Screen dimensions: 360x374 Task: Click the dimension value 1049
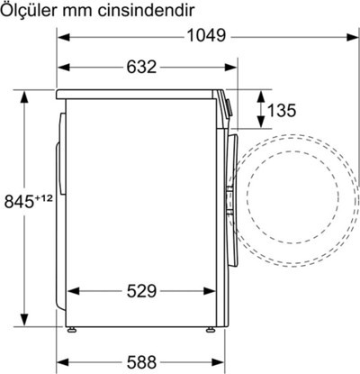point(206,36)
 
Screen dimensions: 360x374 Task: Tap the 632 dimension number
point(141,67)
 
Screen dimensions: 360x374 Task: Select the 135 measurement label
point(282,110)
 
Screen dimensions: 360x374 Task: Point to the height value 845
point(19,201)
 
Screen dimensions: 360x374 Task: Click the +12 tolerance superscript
point(44,198)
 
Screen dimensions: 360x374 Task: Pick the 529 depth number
point(141,291)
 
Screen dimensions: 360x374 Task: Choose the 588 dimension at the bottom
point(141,362)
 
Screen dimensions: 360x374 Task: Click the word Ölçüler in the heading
point(29,11)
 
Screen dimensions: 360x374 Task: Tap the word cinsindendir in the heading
point(146,11)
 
